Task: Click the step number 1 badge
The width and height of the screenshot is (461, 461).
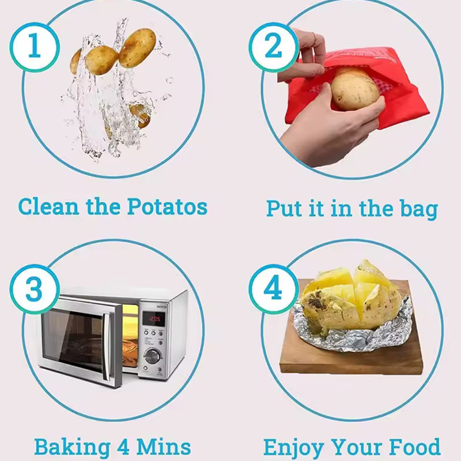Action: click(x=35, y=47)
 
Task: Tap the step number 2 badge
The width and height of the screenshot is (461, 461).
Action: click(x=274, y=47)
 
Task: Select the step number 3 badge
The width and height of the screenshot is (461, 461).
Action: click(x=35, y=289)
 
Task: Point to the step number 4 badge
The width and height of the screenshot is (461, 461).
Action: click(x=274, y=289)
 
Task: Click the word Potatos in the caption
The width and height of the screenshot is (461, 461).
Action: click(x=167, y=206)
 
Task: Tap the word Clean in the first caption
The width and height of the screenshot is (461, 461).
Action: click(x=48, y=206)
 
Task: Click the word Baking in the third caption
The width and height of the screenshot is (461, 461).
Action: click(x=73, y=448)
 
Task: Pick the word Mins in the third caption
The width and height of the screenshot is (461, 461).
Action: click(x=164, y=447)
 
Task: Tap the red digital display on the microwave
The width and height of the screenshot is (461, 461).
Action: click(x=153, y=319)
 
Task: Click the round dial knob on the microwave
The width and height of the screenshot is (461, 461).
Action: click(x=152, y=356)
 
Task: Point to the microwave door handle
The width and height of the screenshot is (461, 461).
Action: click(x=106, y=347)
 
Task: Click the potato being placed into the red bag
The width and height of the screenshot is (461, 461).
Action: click(x=355, y=89)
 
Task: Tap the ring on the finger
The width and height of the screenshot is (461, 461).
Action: click(x=314, y=38)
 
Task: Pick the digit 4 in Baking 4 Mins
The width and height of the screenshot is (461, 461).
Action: click(x=123, y=447)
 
